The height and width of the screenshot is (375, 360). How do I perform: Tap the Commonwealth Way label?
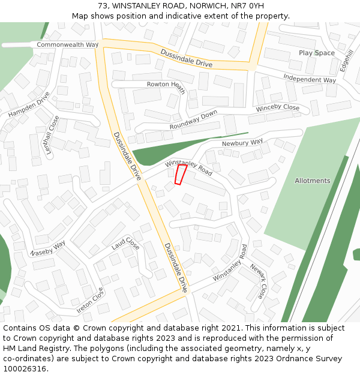[67, 45]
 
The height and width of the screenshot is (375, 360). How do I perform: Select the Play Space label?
[317, 53]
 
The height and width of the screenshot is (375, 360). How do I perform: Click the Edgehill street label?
[347, 61]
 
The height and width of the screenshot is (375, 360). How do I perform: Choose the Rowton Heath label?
[166, 85]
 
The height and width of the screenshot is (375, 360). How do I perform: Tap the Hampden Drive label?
[29, 104]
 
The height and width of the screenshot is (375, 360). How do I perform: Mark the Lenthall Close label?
[52, 136]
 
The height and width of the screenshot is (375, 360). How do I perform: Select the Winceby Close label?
[277, 108]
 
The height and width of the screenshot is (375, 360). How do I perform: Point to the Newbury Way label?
[242, 143]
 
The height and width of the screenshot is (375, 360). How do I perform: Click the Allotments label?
[312, 181]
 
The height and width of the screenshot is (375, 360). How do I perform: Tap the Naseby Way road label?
[48, 248]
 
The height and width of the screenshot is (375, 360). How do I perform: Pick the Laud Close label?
[125, 245]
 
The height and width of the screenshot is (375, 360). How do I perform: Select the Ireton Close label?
[90, 301]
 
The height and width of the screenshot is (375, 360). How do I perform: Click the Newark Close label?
[257, 281]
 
